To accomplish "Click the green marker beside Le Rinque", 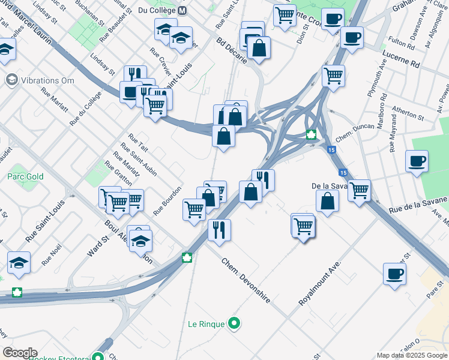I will [x=234, y=324].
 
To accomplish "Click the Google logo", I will [x=19, y=353].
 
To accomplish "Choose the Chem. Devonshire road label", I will [x=246, y=280].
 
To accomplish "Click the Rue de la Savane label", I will [x=418, y=205].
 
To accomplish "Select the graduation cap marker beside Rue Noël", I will [x=19, y=263].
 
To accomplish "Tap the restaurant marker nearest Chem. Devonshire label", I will [x=219, y=230].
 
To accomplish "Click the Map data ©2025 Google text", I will [x=412, y=355].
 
